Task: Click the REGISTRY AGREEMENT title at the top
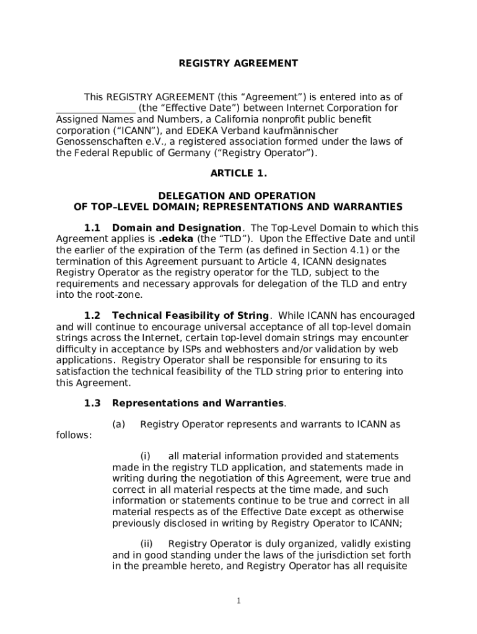pos(239,63)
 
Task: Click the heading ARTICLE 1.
pos(239,173)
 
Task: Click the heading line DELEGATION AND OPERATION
pos(239,196)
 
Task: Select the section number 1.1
pos(92,228)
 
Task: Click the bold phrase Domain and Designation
pos(177,228)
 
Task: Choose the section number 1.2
pos(92,316)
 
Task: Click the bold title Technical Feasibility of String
pos(190,316)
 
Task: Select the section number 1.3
pos(92,403)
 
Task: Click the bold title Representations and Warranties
pos(198,403)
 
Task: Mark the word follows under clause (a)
pos(74,435)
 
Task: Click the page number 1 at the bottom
pos(239,601)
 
